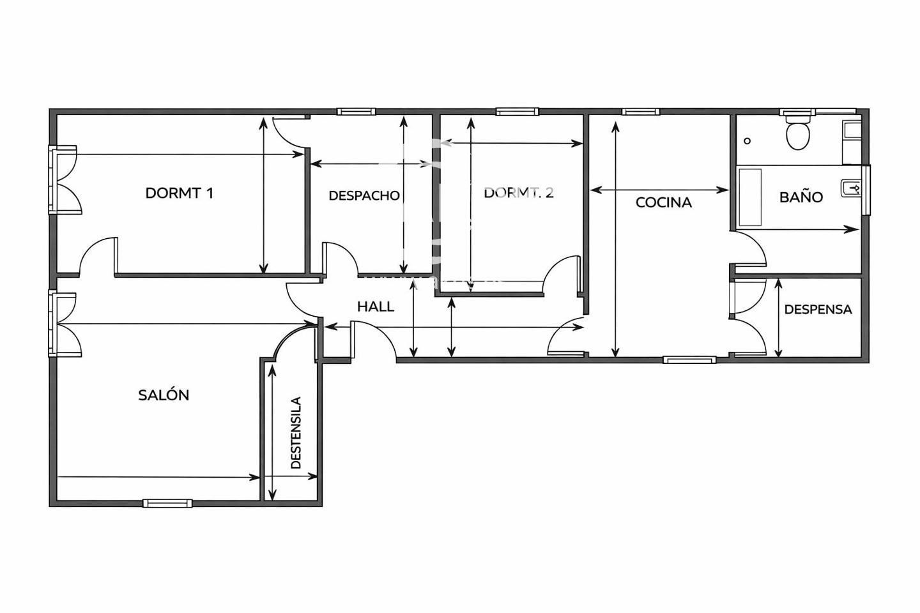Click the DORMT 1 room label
pyautogui.click(x=180, y=193)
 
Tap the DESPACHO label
pyautogui.click(x=364, y=196)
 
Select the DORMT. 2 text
pyautogui.click(x=518, y=193)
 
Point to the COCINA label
pyautogui.click(x=663, y=202)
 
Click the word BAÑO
pyautogui.click(x=801, y=197)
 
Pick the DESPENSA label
pyautogui.click(x=818, y=309)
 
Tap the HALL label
pyautogui.click(x=376, y=306)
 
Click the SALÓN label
pyautogui.click(x=164, y=395)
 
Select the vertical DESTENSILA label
pyautogui.click(x=296, y=432)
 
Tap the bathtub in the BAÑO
pyautogui.click(x=750, y=197)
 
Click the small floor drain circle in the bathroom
pyautogui.click(x=747, y=141)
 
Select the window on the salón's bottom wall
pyautogui.click(x=167, y=503)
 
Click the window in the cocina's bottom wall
pyautogui.click(x=689, y=360)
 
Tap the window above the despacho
pyautogui.click(x=356, y=111)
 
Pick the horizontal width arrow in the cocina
pyautogui.click(x=659, y=190)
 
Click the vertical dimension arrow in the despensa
pyautogui.click(x=778, y=318)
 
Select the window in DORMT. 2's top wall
pyautogui.click(x=517, y=111)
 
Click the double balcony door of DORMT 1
pyautogui.click(x=65, y=179)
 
